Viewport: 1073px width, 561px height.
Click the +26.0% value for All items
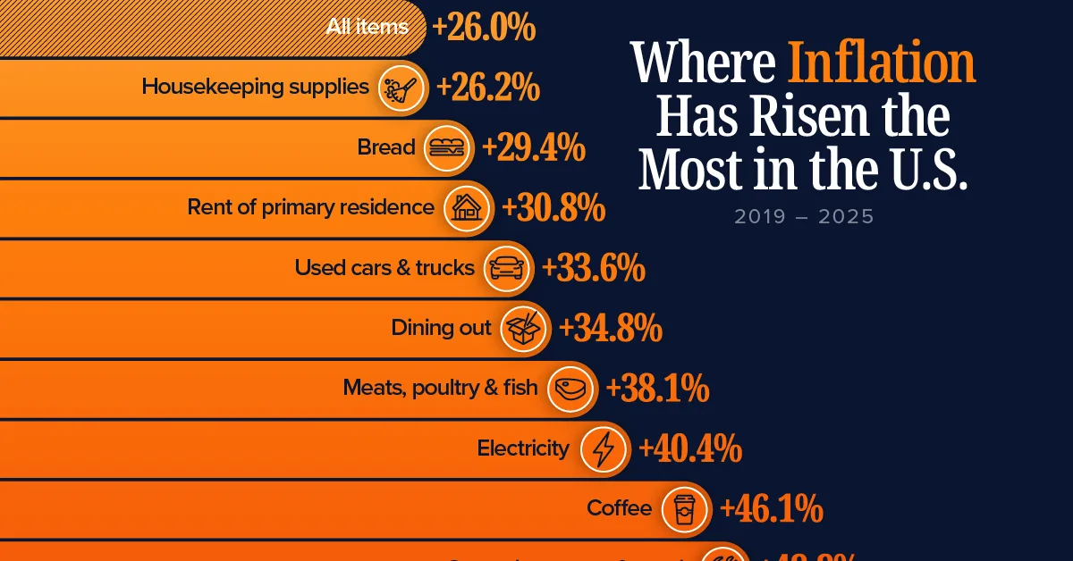tap(484, 28)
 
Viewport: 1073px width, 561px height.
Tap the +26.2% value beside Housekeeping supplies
tap(488, 88)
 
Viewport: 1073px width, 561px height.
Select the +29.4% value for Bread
tap(534, 147)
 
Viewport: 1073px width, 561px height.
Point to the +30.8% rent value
tap(553, 208)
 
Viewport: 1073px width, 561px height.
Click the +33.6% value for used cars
tap(594, 268)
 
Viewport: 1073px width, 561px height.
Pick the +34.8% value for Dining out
tap(611, 329)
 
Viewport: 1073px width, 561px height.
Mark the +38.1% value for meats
tap(658, 389)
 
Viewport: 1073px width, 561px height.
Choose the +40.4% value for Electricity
tap(690, 448)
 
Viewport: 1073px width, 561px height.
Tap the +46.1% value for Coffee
tap(772, 509)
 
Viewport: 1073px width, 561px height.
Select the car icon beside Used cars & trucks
tap(506, 268)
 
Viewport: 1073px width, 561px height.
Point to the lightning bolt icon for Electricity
tap(603, 448)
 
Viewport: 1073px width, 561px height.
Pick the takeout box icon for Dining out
tap(524, 329)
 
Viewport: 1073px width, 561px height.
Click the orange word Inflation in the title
tap(881, 64)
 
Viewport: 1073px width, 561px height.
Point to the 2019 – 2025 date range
tap(804, 217)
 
